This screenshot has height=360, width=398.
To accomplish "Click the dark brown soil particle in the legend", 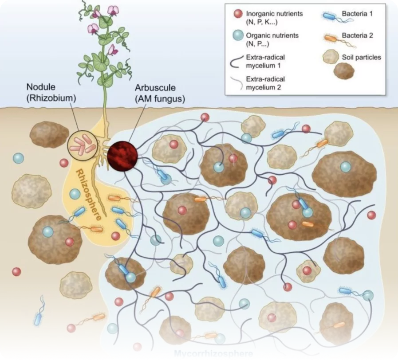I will pyautogui.click(x=343, y=71).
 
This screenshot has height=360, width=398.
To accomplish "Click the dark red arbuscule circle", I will pyautogui.click(x=122, y=155).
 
